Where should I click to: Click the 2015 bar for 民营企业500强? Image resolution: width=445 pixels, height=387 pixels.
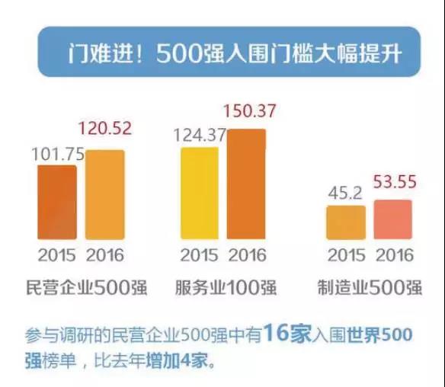pyautogui.click(x=57, y=203)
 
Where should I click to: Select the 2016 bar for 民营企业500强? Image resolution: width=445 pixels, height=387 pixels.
pyautogui.click(x=105, y=194)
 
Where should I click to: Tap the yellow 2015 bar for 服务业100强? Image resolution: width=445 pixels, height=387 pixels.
pyautogui.click(x=200, y=193)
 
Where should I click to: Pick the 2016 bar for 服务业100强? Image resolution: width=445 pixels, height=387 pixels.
pyautogui.click(x=246, y=184)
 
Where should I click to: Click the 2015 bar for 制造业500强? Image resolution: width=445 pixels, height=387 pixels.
pyautogui.click(x=346, y=222)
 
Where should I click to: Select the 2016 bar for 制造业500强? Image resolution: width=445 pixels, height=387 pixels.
pyautogui.click(x=392, y=219)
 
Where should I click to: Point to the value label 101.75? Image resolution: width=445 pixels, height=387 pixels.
pyautogui.click(x=58, y=155)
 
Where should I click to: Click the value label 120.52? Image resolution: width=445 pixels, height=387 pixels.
pyautogui.click(x=105, y=128)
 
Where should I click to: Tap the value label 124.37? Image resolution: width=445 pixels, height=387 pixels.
pyautogui.click(x=200, y=135)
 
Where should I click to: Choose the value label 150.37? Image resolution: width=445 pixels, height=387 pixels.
pyautogui.click(x=249, y=110)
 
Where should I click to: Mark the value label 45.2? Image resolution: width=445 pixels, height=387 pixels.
pyautogui.click(x=345, y=193)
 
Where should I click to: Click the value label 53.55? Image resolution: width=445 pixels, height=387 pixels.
pyautogui.click(x=395, y=181)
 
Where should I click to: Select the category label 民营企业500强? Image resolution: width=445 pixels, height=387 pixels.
pyautogui.click(x=87, y=287)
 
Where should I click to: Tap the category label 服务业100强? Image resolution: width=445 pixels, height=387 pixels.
pyautogui.click(x=226, y=287)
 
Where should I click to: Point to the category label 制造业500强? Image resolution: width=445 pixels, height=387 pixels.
pyautogui.click(x=370, y=287)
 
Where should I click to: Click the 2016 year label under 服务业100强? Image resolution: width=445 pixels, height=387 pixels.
pyautogui.click(x=248, y=254)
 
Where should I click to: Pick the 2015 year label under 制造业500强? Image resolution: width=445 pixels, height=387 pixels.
pyautogui.click(x=347, y=254)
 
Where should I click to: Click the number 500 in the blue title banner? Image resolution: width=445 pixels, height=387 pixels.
pyautogui.click(x=179, y=53)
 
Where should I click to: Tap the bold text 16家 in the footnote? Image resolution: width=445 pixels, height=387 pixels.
pyautogui.click(x=287, y=333)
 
